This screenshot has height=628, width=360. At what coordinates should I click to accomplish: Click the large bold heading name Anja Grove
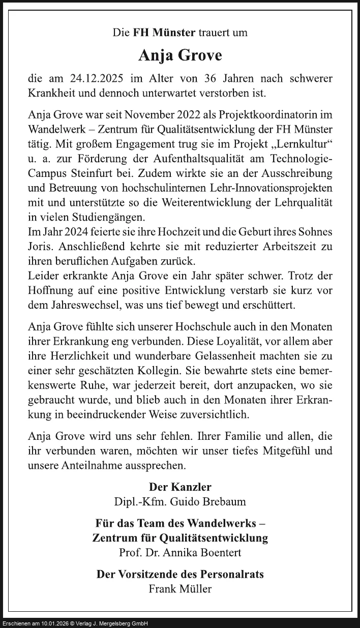pyautogui.click(x=180, y=55)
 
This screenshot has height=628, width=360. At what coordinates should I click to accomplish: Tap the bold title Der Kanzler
pyautogui.click(x=180, y=487)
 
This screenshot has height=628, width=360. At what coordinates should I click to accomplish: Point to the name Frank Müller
pyautogui.click(x=180, y=589)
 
